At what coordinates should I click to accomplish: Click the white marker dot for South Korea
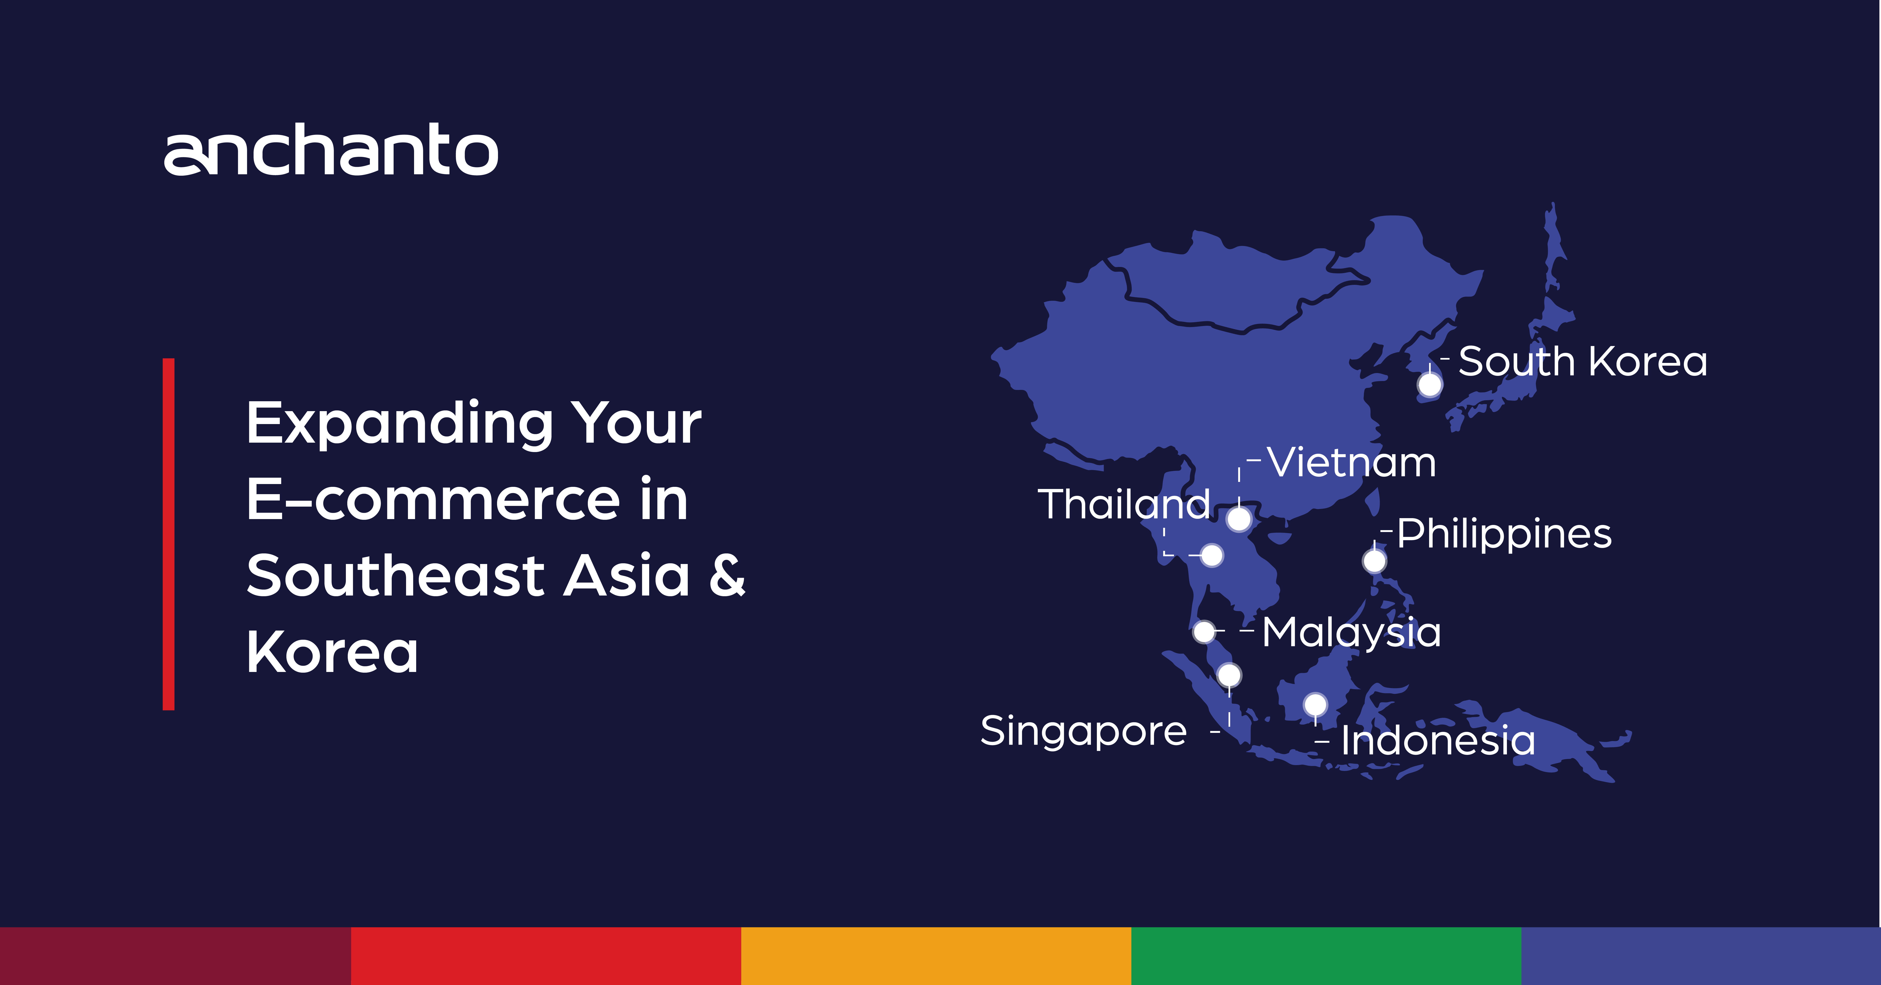pos(1430,384)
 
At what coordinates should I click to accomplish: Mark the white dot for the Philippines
pos(1374,561)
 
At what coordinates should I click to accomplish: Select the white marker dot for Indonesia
pos(1315,705)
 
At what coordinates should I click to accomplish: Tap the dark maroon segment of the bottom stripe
pos(175,956)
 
